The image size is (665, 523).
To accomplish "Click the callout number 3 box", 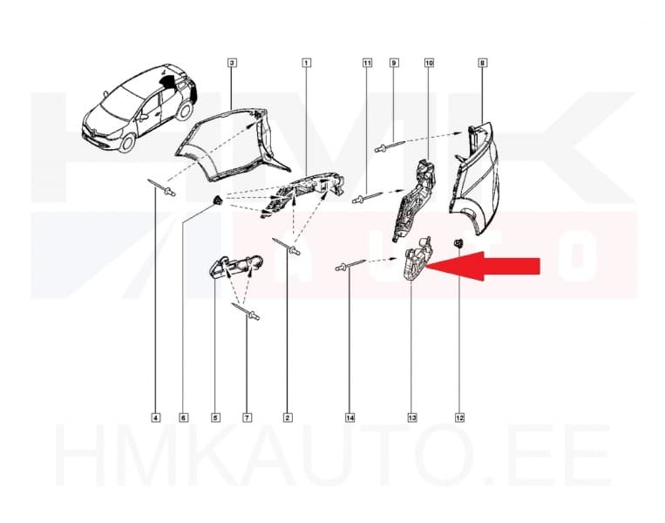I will point(232,64).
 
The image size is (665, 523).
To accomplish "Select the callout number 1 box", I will point(307,64).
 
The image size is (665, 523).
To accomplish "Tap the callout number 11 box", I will point(367,64).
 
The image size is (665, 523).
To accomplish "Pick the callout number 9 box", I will point(394,64).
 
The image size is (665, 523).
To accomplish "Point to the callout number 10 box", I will point(429,64).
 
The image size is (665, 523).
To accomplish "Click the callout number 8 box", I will point(483,64).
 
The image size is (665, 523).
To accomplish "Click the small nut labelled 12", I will point(457,242).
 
